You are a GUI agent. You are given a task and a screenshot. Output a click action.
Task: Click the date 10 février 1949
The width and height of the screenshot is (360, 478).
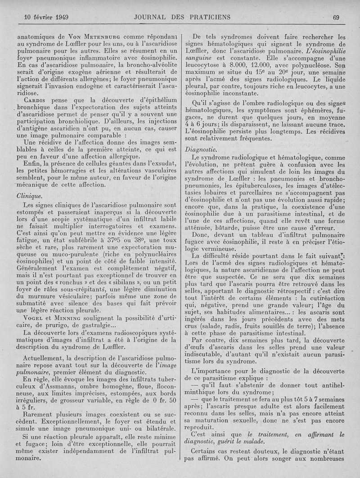tap(45, 18)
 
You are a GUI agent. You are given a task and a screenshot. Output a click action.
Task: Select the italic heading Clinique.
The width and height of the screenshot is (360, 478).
tap(29, 196)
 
